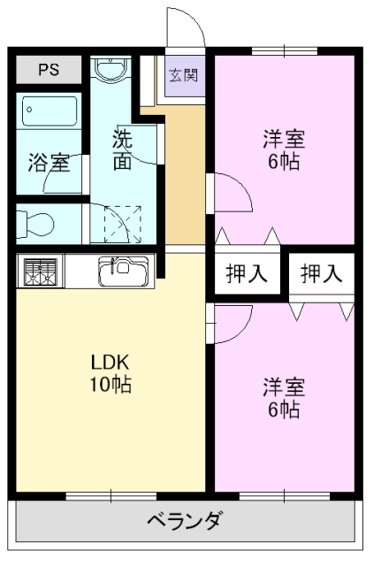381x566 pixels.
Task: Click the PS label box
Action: tap(49, 69)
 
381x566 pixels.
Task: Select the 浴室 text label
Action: tap(49, 163)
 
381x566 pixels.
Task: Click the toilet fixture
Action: tap(40, 221)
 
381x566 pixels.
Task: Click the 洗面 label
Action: tap(122, 150)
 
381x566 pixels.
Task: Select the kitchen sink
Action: tap(123, 271)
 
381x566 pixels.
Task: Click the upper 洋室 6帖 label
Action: tap(283, 150)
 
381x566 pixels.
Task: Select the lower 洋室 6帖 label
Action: tap(283, 399)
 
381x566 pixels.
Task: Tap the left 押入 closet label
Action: tap(246, 274)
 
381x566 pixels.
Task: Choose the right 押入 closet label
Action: tap(320, 274)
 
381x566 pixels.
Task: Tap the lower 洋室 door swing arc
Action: tap(228, 323)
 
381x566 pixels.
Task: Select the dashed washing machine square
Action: tap(122, 223)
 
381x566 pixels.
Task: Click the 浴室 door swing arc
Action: tap(64, 173)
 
